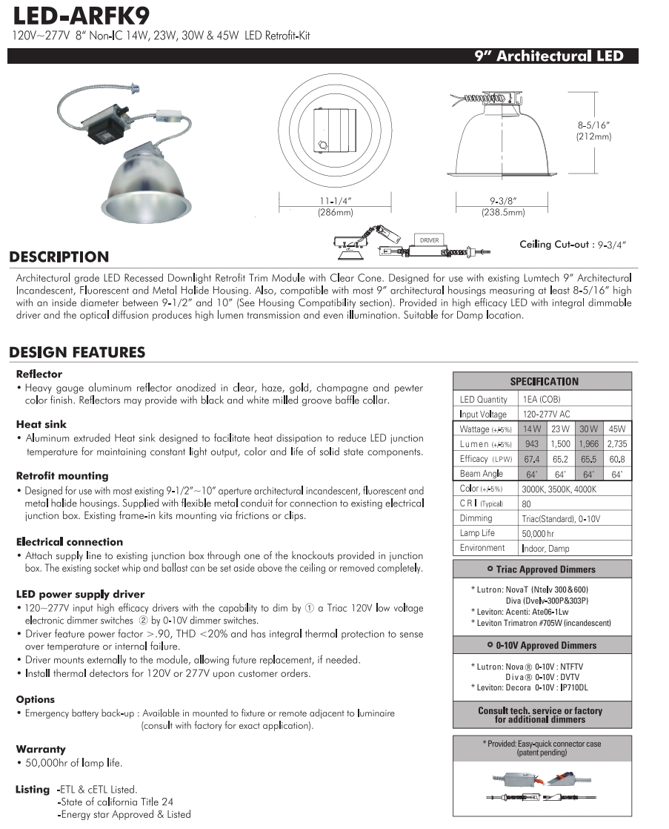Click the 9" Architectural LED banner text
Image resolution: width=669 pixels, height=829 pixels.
point(549,56)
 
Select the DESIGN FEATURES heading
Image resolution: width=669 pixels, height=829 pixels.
point(77,352)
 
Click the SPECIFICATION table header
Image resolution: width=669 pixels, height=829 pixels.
point(542,381)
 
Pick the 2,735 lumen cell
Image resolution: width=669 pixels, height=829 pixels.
point(616,443)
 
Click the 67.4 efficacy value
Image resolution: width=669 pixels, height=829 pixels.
point(531,459)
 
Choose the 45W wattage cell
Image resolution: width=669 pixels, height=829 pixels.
point(616,429)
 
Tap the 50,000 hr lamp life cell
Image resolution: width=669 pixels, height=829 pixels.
point(538,533)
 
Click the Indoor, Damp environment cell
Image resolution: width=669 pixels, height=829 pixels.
point(547,548)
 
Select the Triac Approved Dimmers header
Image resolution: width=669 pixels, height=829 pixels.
point(542,569)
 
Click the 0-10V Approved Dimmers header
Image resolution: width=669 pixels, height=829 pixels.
point(542,645)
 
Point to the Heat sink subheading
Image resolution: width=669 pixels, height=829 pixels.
point(41,425)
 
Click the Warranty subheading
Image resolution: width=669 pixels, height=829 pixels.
point(41,750)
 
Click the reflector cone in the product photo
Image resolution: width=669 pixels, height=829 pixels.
point(144,178)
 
